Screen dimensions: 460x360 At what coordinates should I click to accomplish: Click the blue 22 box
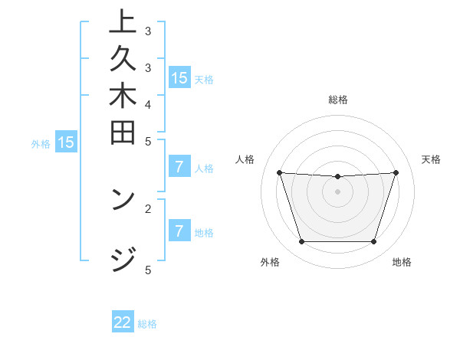point(123,322)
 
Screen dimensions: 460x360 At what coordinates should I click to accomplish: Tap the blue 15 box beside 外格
point(66,142)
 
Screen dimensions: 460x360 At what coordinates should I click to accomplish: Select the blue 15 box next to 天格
point(179,78)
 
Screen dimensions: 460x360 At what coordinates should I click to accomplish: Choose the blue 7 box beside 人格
point(179,168)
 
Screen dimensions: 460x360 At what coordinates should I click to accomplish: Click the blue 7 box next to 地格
point(179,231)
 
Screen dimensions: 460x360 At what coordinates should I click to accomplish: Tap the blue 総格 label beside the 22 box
point(148,324)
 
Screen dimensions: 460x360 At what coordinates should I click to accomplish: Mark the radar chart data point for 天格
point(396,173)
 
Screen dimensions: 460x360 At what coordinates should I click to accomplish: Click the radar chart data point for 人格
point(279,173)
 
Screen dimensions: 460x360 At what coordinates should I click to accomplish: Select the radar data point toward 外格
point(301,242)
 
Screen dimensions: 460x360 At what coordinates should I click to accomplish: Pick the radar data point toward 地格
point(374,242)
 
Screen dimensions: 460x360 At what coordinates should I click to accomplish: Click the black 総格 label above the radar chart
point(338,100)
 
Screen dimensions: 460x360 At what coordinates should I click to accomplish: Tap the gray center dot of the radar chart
point(338,191)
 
